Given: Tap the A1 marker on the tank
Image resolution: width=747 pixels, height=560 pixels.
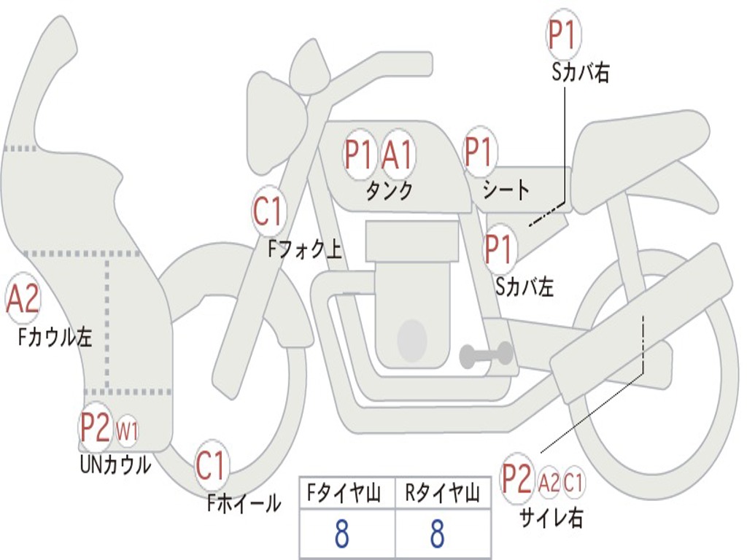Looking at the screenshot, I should pyautogui.click(x=398, y=154).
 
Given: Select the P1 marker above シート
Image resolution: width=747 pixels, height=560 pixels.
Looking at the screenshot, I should pyautogui.click(x=479, y=152).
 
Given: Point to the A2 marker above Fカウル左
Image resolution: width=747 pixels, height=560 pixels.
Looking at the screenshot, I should pyautogui.click(x=23, y=299).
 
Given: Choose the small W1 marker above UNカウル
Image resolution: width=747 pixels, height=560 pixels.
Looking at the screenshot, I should pyautogui.click(x=127, y=431).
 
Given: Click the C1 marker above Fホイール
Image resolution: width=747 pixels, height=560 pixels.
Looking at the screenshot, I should pyautogui.click(x=212, y=466).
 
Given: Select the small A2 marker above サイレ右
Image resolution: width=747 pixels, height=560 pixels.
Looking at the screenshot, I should pyautogui.click(x=549, y=481).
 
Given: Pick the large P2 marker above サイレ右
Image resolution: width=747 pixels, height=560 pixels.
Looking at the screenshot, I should pyautogui.click(x=516, y=479).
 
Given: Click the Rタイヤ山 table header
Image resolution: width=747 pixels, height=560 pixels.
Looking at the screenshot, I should pyautogui.click(x=443, y=494).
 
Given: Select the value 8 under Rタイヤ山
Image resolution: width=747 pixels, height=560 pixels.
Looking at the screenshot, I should pyautogui.click(x=438, y=534).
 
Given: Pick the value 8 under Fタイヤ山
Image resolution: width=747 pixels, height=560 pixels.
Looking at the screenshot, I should pyautogui.click(x=342, y=534).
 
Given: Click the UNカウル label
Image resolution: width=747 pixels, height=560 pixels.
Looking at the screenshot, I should pyautogui.click(x=115, y=464).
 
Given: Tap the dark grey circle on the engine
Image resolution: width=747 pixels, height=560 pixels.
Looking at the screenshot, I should pyautogui.click(x=411, y=340).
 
